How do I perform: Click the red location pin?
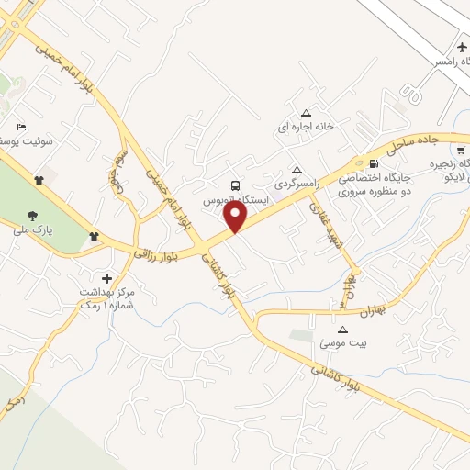(x=236, y=215)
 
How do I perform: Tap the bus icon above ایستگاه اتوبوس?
(x=236, y=185)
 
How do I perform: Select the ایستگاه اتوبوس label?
(x=237, y=198)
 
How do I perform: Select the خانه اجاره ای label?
(x=307, y=127)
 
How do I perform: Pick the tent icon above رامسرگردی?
(x=297, y=169)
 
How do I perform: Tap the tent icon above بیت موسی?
(x=343, y=330)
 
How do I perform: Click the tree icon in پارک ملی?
(x=33, y=215)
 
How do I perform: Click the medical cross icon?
(x=106, y=277)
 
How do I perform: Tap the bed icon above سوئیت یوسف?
(x=22, y=127)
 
